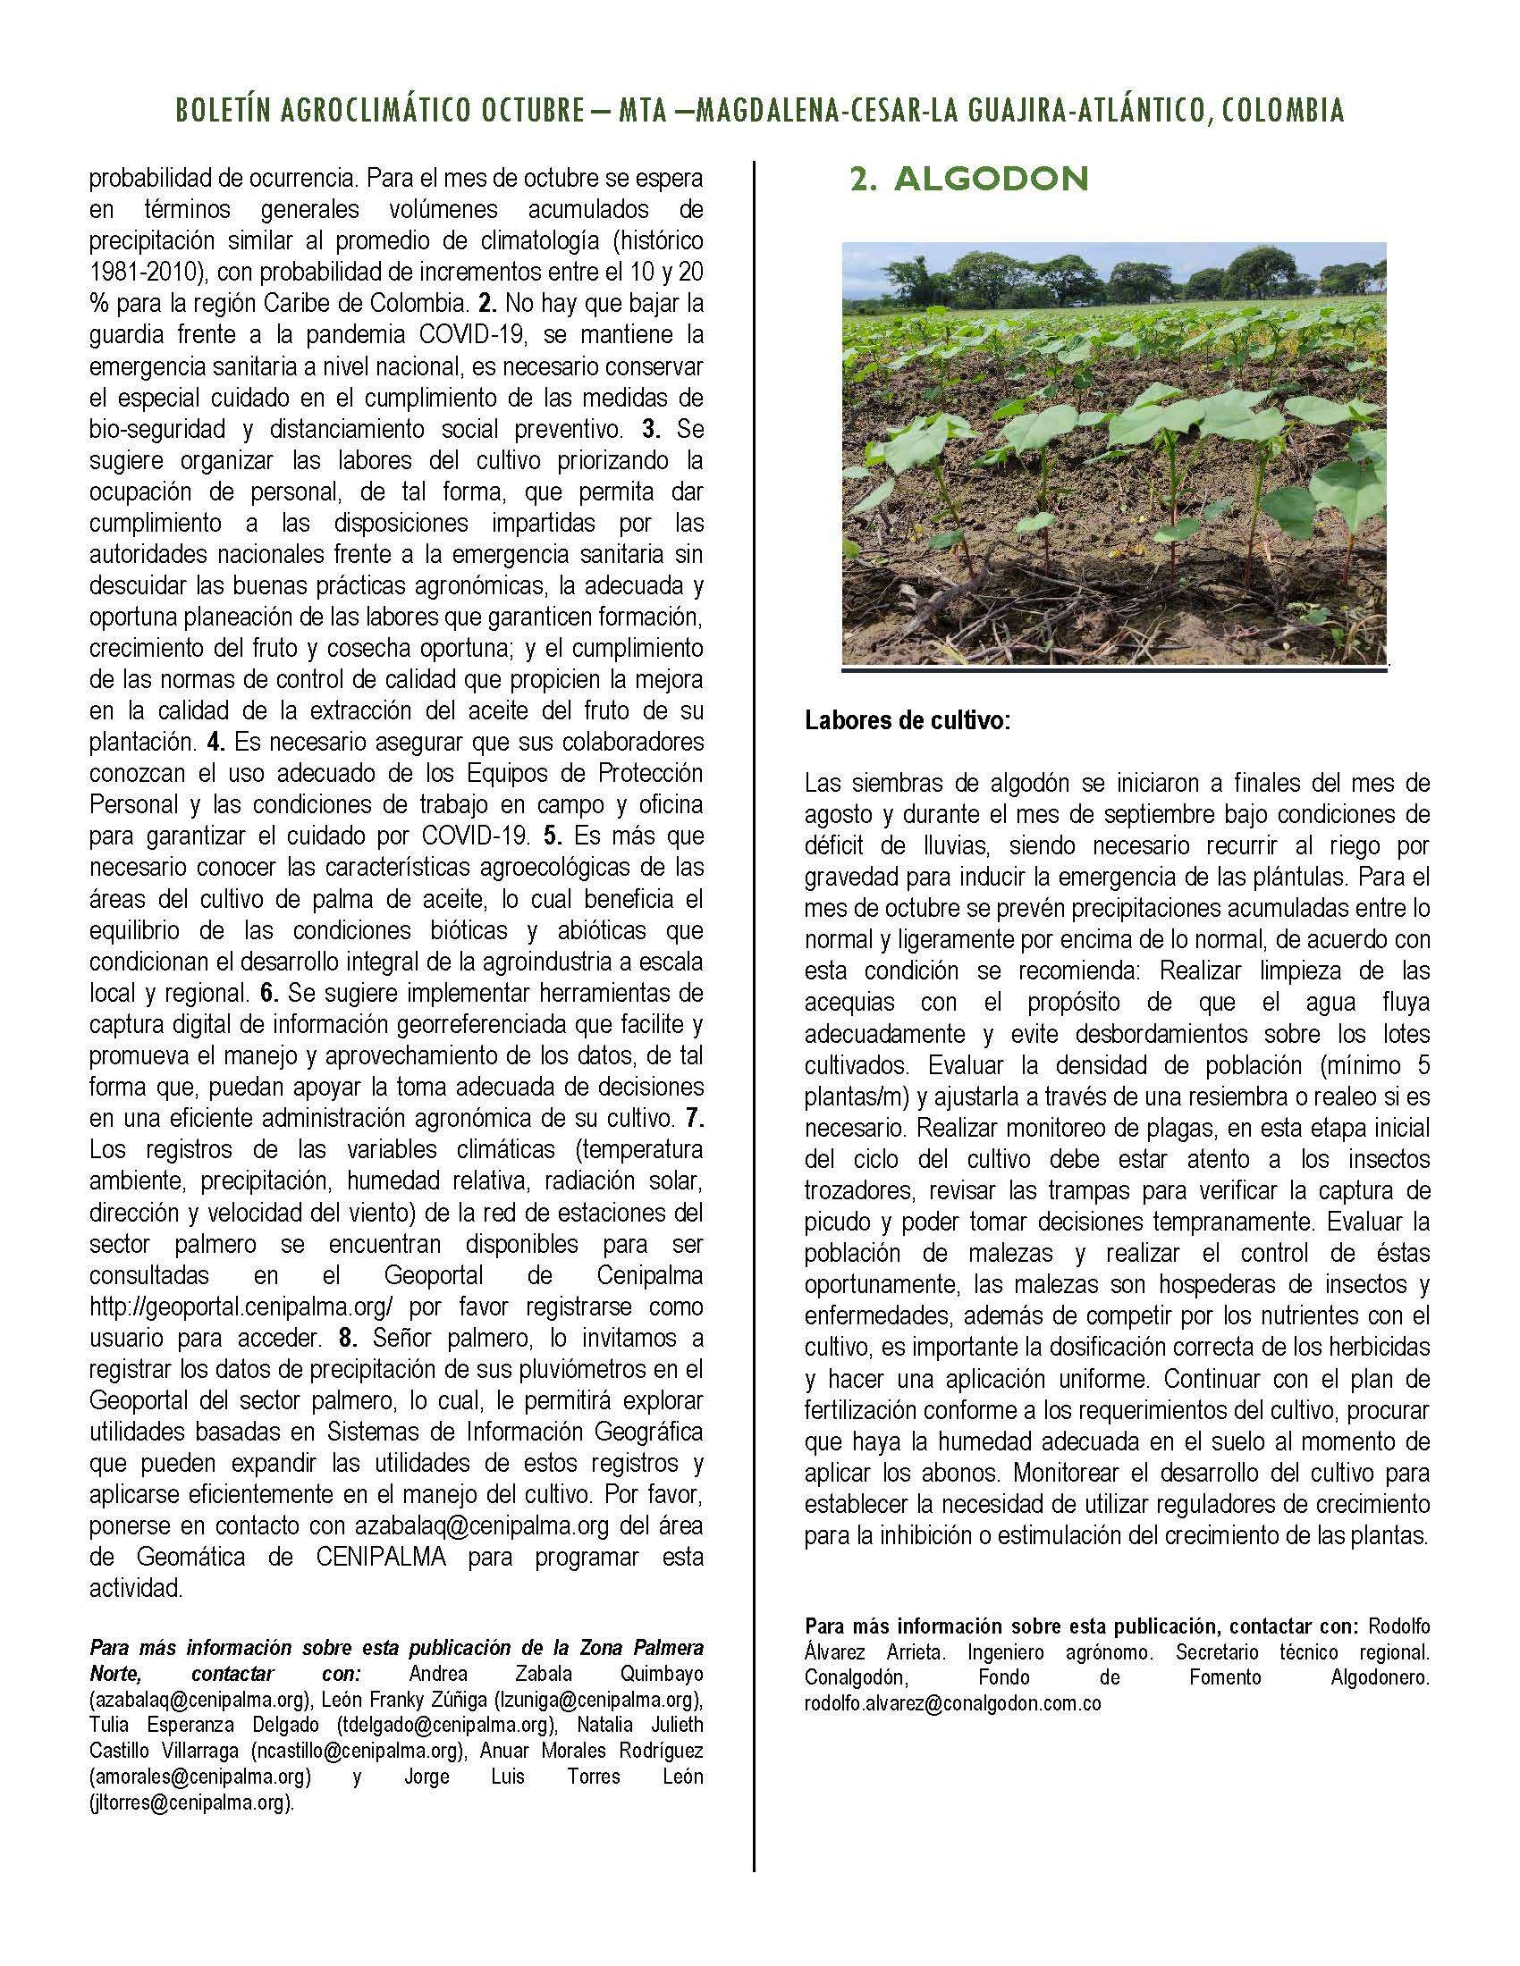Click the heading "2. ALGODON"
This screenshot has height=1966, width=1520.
pyautogui.click(x=970, y=180)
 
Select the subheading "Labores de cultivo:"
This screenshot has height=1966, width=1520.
pyautogui.click(x=908, y=721)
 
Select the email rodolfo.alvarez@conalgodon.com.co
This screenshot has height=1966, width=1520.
pyautogui.click(x=953, y=1703)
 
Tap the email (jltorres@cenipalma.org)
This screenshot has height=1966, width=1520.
pyautogui.click(x=192, y=1802)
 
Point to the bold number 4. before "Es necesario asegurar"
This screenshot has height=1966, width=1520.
pyautogui.click(x=215, y=744)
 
